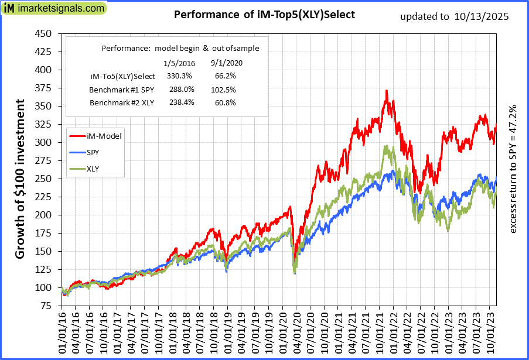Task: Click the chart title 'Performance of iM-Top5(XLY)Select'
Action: (264, 15)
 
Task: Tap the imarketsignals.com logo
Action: (54, 9)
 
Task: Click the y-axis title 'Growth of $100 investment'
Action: (21, 179)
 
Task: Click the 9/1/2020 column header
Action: (226, 63)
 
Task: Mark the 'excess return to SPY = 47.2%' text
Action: (513, 170)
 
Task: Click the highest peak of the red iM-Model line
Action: (387, 91)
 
